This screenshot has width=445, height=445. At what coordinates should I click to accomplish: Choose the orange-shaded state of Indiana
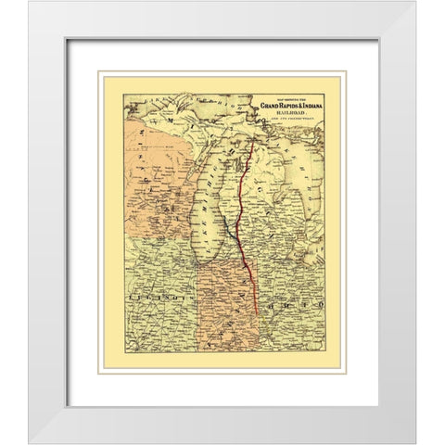226,306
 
